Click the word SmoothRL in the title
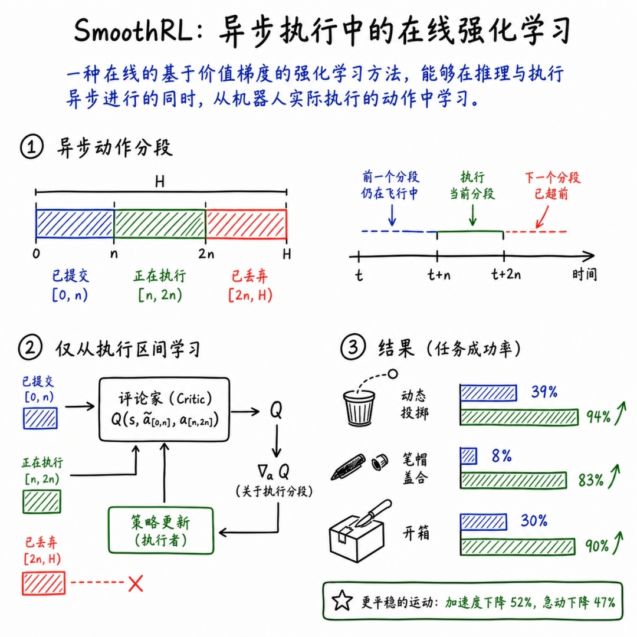(133, 31)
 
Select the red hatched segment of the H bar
(246, 224)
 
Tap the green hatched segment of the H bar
(160, 224)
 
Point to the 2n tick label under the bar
(206, 254)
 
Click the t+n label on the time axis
(439, 275)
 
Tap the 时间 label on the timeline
(584, 275)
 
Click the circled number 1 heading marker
(31, 147)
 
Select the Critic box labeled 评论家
(164, 409)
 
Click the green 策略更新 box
(161, 530)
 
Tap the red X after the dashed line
(136, 583)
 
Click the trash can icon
(359, 408)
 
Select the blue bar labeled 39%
(488, 393)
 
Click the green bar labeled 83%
(514, 480)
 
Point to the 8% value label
(501, 456)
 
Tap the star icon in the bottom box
(342, 600)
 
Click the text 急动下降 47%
(579, 602)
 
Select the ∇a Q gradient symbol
(273, 472)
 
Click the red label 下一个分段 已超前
(552, 185)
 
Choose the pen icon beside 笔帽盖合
(348, 467)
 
